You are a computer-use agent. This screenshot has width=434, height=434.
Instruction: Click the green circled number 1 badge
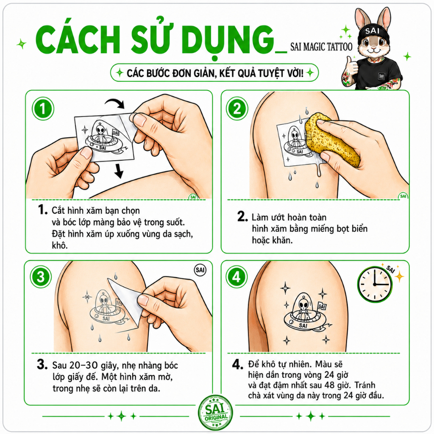click(43, 108)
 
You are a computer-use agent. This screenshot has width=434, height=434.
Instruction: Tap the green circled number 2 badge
click(237, 108)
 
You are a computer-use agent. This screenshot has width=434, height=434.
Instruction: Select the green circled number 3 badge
click(41, 277)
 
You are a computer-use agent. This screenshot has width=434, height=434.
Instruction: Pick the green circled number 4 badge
click(236, 277)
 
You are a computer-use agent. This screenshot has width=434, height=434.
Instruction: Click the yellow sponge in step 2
click(332, 141)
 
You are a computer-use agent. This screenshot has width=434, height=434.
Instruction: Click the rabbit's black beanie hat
click(373, 32)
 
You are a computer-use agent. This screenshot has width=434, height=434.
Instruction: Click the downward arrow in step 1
click(119, 171)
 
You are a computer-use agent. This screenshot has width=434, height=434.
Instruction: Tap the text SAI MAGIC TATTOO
click(321, 47)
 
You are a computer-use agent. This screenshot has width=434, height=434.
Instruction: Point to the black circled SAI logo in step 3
click(200, 270)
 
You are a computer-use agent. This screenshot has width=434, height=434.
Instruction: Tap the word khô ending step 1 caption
click(59, 245)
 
